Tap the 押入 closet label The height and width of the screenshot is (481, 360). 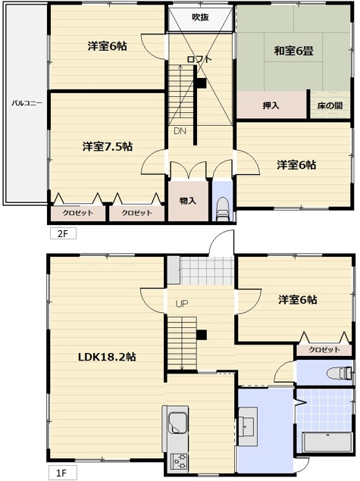pyautogui.click(x=271, y=105)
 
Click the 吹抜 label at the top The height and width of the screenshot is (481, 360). pyautogui.click(x=200, y=17)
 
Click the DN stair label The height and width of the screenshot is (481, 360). pyautogui.click(x=180, y=131)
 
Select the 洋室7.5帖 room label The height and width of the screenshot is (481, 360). pyautogui.click(x=108, y=146)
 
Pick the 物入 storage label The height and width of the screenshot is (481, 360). pyautogui.click(x=188, y=200)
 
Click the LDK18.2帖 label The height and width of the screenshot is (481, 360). pyautogui.click(x=105, y=356)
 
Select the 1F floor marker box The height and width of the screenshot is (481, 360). pyautogui.click(x=62, y=473)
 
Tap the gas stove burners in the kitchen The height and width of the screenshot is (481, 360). pyautogui.click(x=180, y=461)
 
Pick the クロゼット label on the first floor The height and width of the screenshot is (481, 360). pyautogui.click(x=324, y=351)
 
